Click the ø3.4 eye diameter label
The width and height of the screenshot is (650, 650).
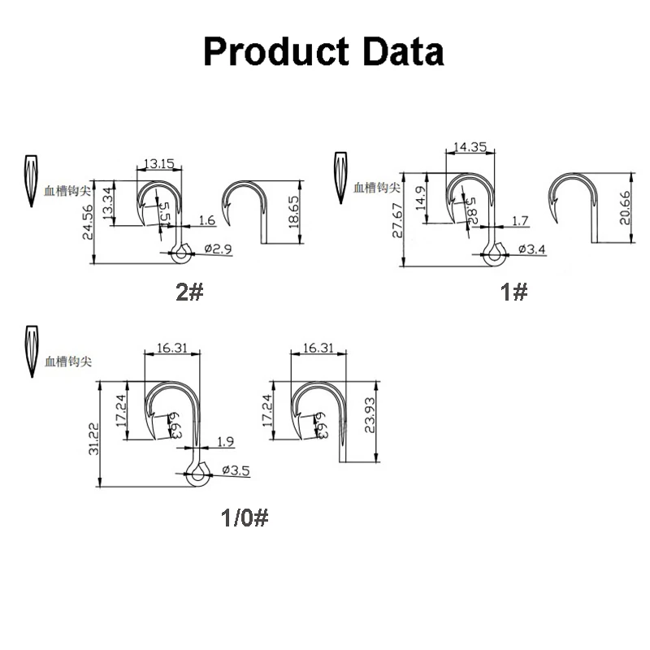pyautogui.click(x=529, y=249)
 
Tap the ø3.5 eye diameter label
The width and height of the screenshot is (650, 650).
pyautogui.click(x=236, y=470)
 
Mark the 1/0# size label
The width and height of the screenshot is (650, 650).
pyautogui.click(x=244, y=517)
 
